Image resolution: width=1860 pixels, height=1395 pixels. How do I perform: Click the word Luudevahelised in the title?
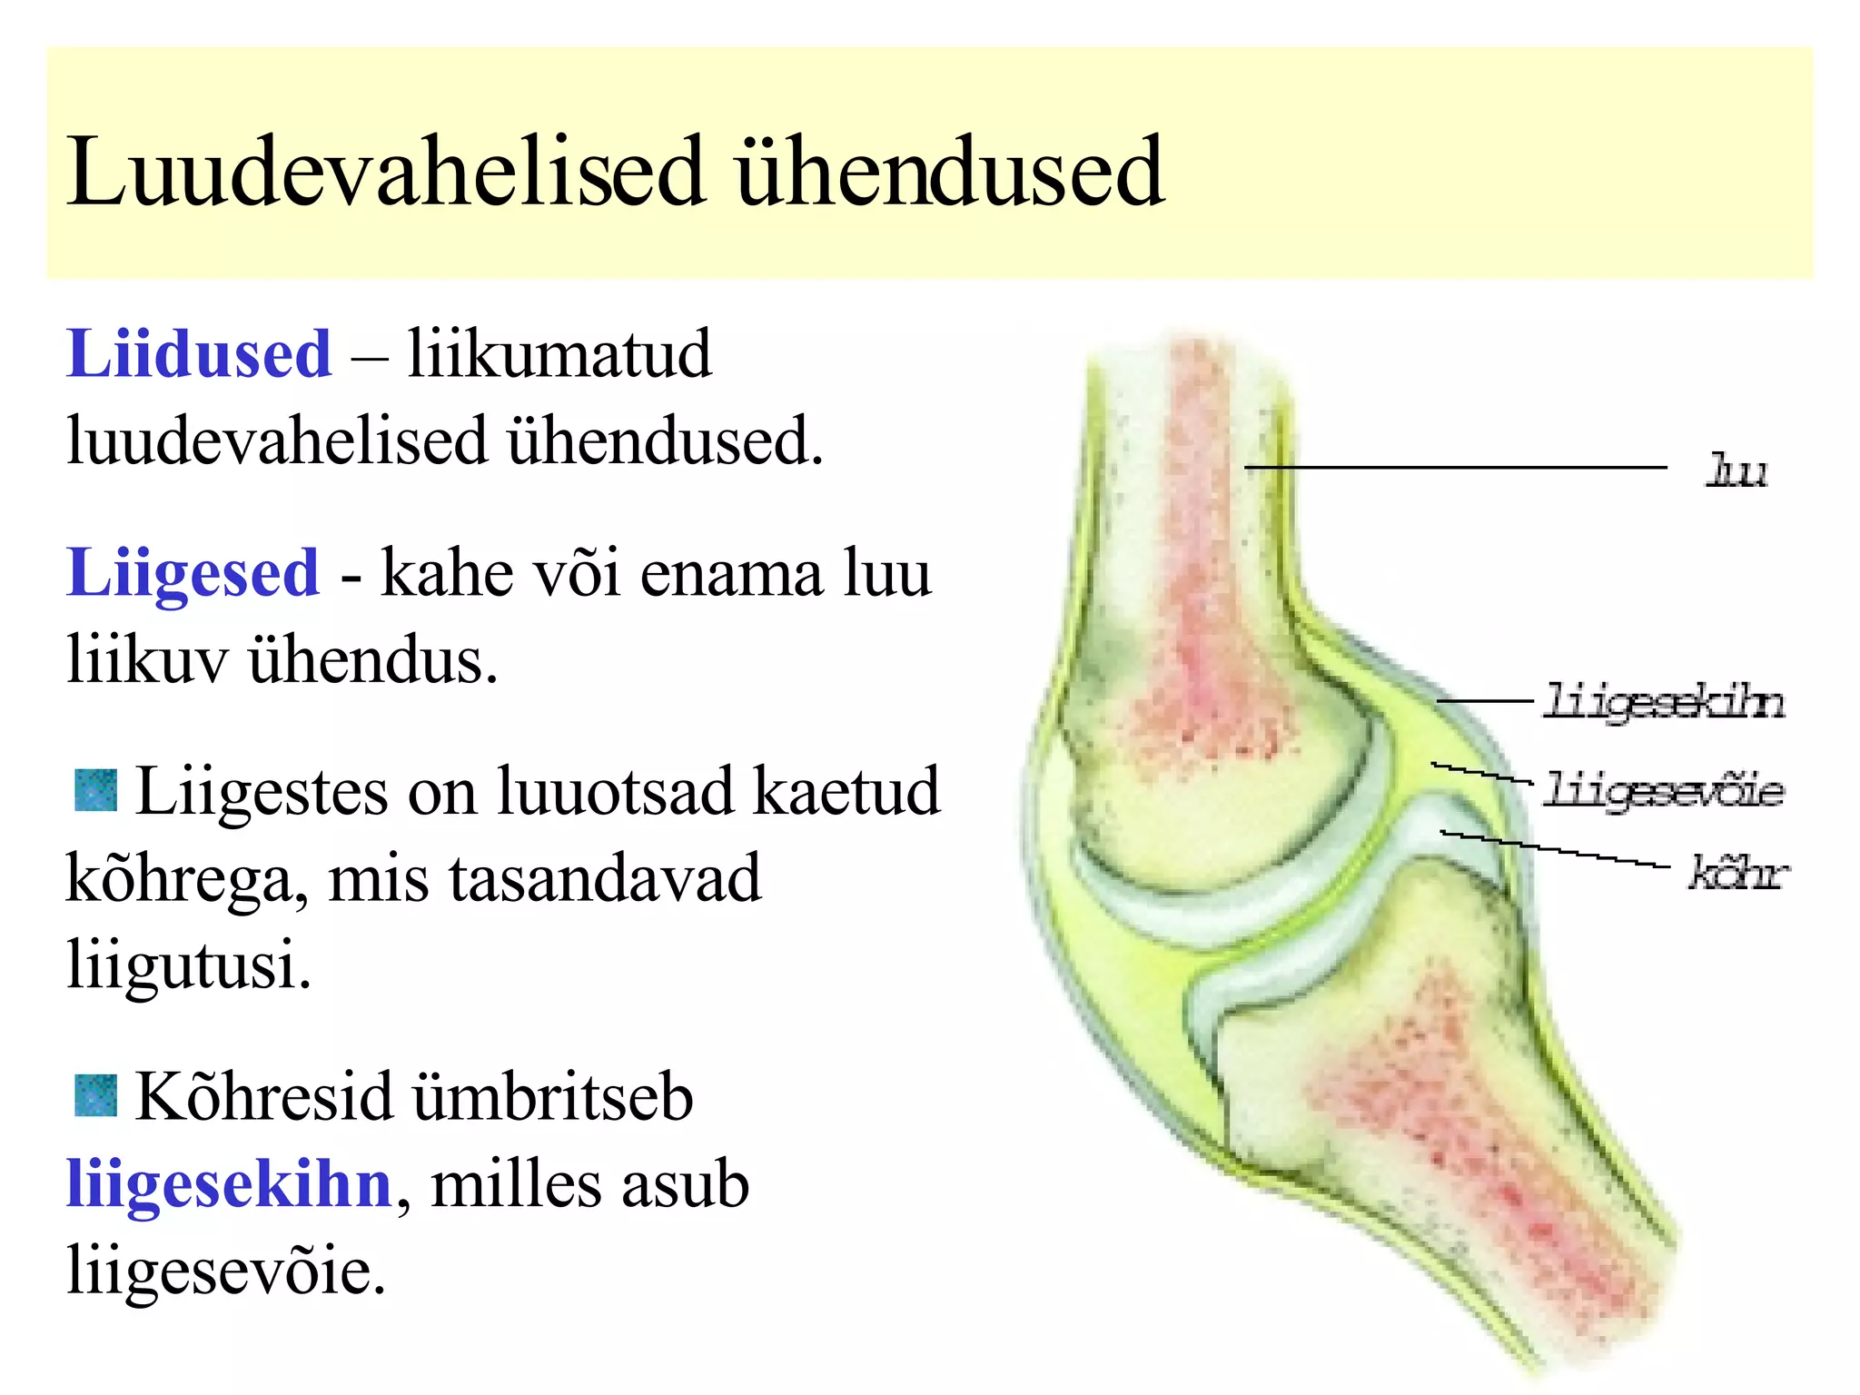385,173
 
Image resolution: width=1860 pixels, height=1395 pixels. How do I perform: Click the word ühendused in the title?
949,173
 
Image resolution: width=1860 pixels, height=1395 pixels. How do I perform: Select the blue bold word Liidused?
199,353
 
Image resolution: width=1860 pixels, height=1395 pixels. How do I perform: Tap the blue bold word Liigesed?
193,574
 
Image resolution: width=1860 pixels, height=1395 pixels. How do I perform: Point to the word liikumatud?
559,353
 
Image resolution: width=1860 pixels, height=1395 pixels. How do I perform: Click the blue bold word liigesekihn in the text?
229,1184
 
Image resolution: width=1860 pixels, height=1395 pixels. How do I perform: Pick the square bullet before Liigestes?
95,790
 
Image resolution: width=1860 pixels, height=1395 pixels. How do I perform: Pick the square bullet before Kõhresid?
95,1095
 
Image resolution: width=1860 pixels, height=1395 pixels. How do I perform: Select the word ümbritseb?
553,1097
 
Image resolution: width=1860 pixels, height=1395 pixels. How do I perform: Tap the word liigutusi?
188,965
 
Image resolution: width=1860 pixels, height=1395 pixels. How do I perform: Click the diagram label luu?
1736,471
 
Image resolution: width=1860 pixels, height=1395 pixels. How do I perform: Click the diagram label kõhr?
1736,874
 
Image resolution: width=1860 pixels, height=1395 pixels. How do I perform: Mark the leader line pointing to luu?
1453,467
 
